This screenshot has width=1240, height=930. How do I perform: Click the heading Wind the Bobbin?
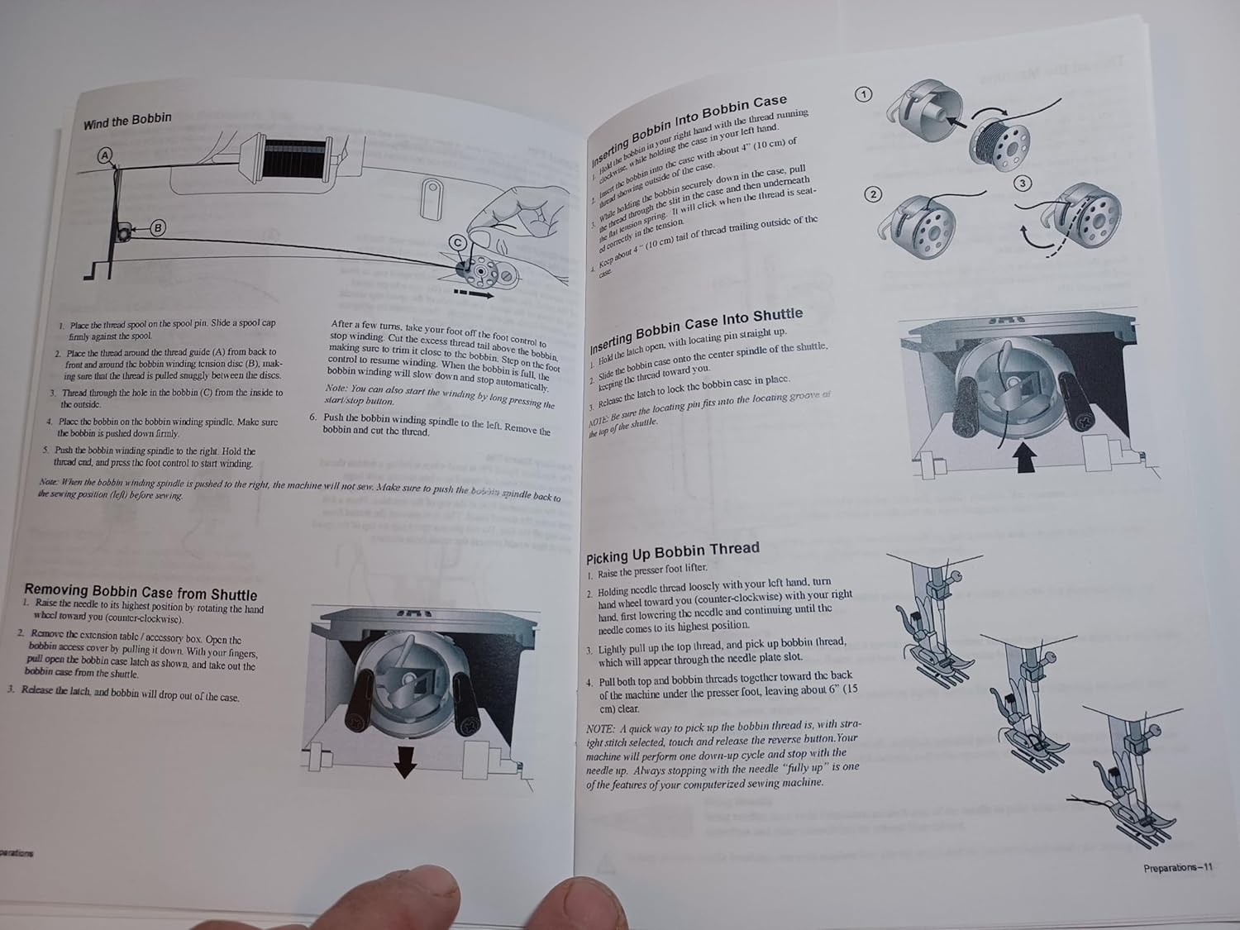127,121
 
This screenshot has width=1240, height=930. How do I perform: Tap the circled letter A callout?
105,155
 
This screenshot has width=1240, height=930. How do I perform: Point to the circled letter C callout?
457,241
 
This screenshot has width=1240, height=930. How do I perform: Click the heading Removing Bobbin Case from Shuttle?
141,592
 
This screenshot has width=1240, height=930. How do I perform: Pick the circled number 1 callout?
863,94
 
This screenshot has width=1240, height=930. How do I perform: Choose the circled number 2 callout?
873,194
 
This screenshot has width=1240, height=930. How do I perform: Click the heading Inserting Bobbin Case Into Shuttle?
696,328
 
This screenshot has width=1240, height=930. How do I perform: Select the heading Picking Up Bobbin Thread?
672,551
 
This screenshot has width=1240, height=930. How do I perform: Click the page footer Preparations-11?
1177,867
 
